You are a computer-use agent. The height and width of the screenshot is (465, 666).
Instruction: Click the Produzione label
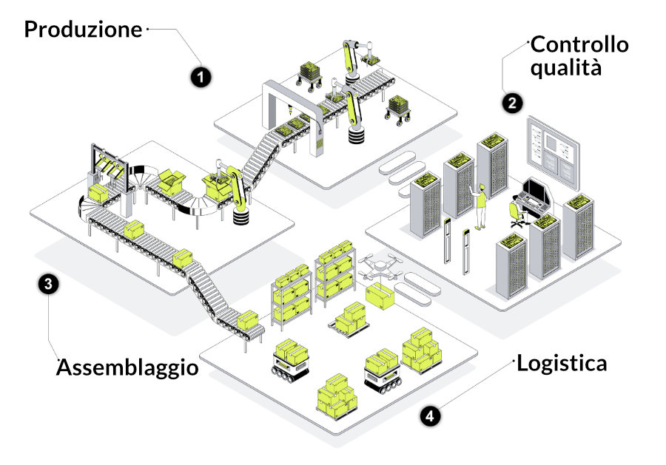[83, 30]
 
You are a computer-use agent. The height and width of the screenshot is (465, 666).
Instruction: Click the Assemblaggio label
[128, 367]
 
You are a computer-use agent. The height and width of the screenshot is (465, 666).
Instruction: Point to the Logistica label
[562, 364]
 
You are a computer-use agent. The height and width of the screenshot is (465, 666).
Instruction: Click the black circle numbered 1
[200, 76]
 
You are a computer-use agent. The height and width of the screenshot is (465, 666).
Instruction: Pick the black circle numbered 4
[430, 416]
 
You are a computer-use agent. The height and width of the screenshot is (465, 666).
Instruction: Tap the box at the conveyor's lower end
[249, 321]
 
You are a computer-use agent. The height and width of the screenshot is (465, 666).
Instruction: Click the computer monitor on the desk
[536, 191]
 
